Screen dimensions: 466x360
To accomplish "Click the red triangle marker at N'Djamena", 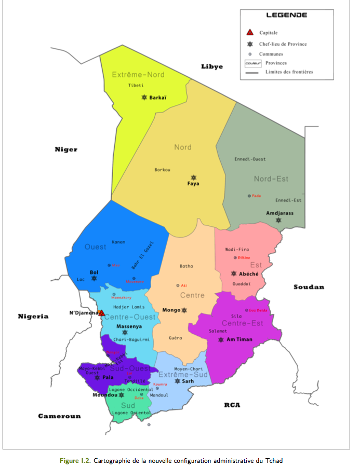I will click(x=102, y=313).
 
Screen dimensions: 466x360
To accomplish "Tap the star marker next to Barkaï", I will click(x=144, y=97).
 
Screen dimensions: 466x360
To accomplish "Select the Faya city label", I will click(x=193, y=184).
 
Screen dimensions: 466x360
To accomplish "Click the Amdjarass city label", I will click(x=279, y=213).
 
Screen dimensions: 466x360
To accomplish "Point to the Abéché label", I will click(x=249, y=273).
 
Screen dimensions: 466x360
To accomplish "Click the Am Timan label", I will click(x=241, y=339).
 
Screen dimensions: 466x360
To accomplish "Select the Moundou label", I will click(x=104, y=395).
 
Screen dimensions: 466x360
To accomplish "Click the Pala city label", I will click(x=108, y=377).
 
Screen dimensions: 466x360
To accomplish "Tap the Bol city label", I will click(x=94, y=272).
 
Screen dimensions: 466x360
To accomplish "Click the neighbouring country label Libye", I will click(x=212, y=66).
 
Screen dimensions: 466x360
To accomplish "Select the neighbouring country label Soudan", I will click(x=309, y=287).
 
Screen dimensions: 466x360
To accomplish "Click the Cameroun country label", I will click(x=59, y=416).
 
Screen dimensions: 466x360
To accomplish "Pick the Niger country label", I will click(x=66, y=149).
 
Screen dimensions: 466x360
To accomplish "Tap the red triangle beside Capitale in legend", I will click(x=250, y=33).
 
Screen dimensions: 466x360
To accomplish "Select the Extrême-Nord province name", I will click(x=138, y=75).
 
